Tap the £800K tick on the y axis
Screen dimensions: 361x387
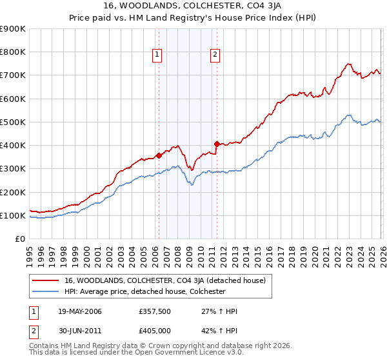pos(13,52)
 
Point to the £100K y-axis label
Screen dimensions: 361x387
pos(13,215)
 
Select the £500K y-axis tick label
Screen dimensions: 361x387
pos(13,122)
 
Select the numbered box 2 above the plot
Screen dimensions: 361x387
pos(215,55)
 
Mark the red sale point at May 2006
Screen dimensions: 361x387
pos(159,155)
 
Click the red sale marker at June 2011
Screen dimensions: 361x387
pos(217,144)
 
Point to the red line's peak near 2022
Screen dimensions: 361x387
pos(348,64)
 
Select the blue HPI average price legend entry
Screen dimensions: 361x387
pos(153,291)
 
